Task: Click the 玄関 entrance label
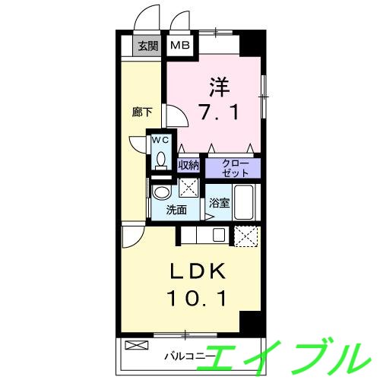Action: coord(147,45)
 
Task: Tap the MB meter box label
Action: coord(179,45)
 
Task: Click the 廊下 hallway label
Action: coord(142,112)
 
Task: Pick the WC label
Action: coord(160,140)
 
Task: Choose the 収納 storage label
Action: coord(188,164)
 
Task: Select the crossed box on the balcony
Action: coord(135,345)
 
